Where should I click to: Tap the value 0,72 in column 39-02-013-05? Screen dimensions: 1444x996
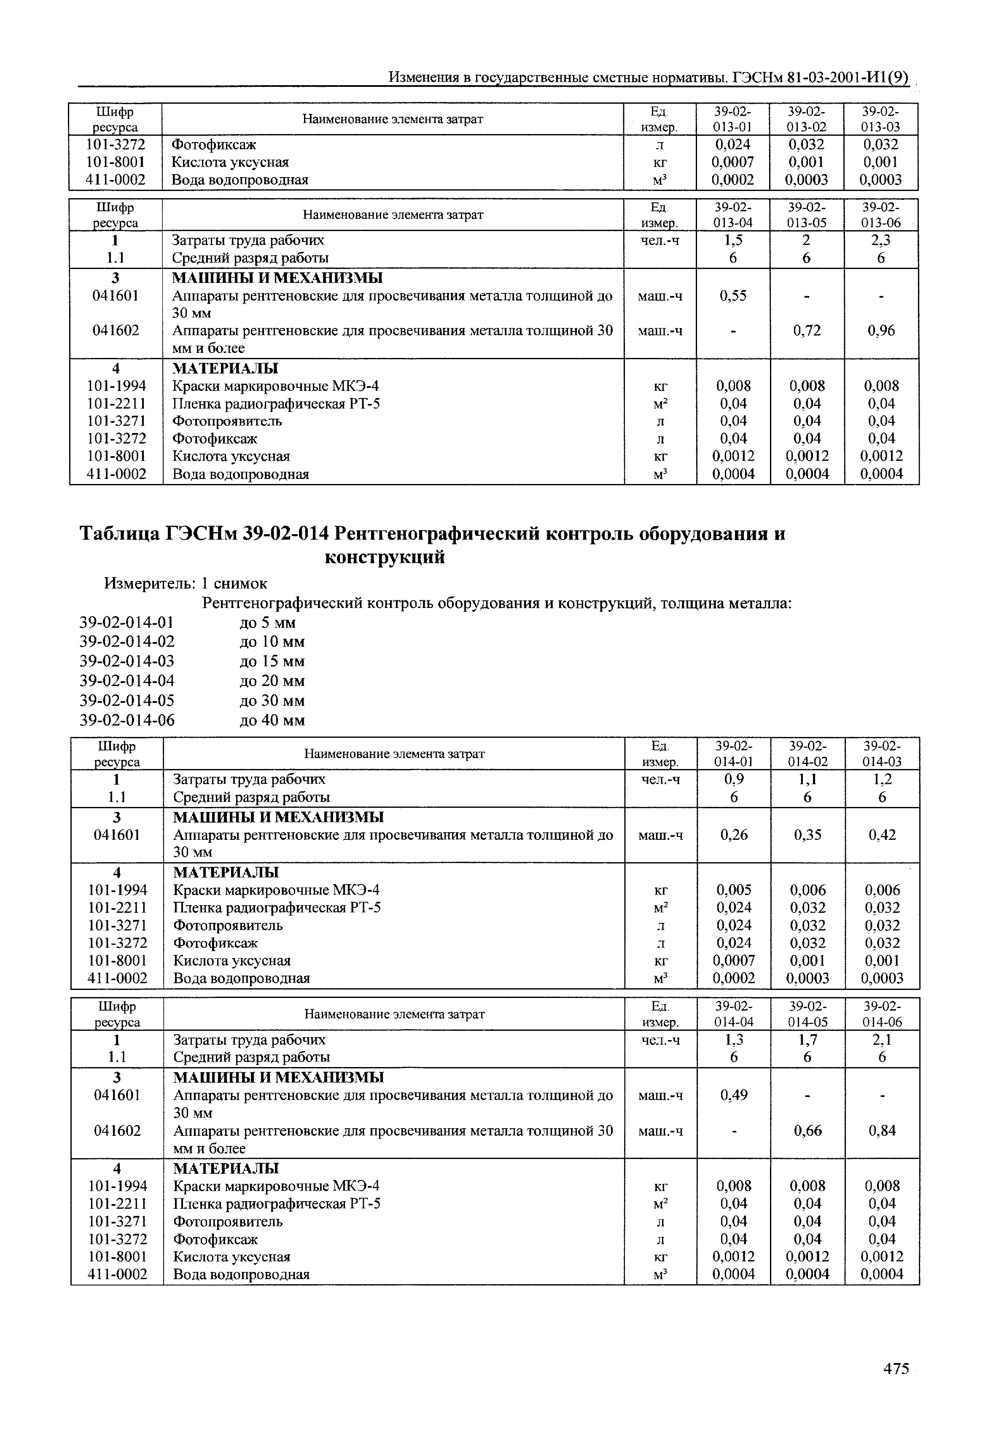click(x=807, y=331)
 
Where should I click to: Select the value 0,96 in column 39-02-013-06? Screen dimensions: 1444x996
click(x=881, y=331)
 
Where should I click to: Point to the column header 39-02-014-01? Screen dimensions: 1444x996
click(x=734, y=753)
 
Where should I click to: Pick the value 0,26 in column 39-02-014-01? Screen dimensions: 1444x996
click(x=733, y=835)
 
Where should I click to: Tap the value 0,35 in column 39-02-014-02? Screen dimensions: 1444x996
click(x=808, y=835)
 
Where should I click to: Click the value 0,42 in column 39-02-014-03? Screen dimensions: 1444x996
click(x=882, y=835)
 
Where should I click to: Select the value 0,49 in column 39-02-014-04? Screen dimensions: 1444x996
click(x=733, y=1095)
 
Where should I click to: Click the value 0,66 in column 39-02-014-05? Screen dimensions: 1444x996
click(x=808, y=1131)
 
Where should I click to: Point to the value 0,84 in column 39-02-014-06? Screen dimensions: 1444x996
click(x=882, y=1131)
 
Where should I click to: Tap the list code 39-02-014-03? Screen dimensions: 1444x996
click(x=127, y=661)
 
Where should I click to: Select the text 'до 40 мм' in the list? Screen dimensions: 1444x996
click(x=272, y=721)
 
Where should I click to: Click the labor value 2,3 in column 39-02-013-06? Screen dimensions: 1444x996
click(x=880, y=241)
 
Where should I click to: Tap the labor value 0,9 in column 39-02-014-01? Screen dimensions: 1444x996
click(x=733, y=780)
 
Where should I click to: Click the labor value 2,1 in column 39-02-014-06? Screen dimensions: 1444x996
click(x=882, y=1040)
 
